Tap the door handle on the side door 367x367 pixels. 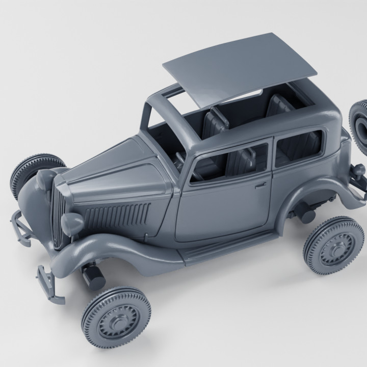pyautogui.click(x=261, y=184)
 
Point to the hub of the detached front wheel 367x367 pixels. pyautogui.click(x=116, y=317)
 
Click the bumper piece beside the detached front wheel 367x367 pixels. pyautogui.click(x=48, y=283)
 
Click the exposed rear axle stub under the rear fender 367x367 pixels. pyautogui.click(x=306, y=214)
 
